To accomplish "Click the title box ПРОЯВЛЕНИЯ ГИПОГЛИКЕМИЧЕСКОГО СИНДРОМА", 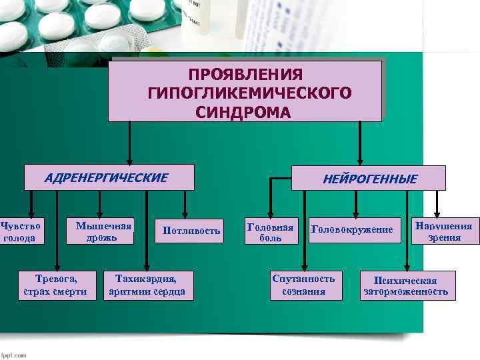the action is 245,91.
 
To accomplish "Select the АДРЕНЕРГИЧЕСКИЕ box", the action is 109,177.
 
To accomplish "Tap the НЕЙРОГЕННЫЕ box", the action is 369,178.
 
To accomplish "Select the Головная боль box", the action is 271,231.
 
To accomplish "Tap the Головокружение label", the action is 352,230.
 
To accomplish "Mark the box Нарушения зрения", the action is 444,231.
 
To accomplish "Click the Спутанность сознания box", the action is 303,284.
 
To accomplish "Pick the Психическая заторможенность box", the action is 405,286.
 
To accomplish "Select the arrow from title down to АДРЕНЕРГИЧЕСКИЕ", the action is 130,142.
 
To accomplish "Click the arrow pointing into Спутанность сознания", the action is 304,230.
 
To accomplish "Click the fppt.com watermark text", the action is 14,355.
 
